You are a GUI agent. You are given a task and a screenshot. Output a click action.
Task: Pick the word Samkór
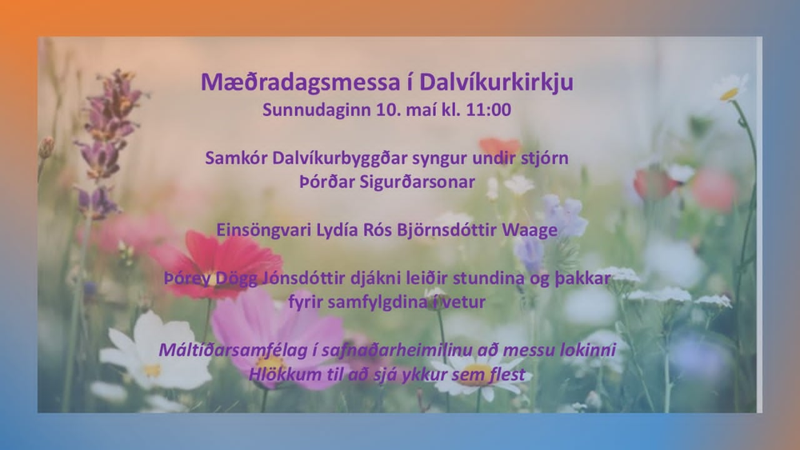(236, 159)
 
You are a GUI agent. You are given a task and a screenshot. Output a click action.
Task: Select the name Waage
(529, 231)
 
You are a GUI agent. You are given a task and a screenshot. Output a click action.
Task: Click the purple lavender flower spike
(107, 143)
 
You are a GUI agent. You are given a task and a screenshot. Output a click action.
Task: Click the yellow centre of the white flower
(152, 370)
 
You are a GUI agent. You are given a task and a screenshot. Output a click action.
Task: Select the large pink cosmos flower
(278, 337)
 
